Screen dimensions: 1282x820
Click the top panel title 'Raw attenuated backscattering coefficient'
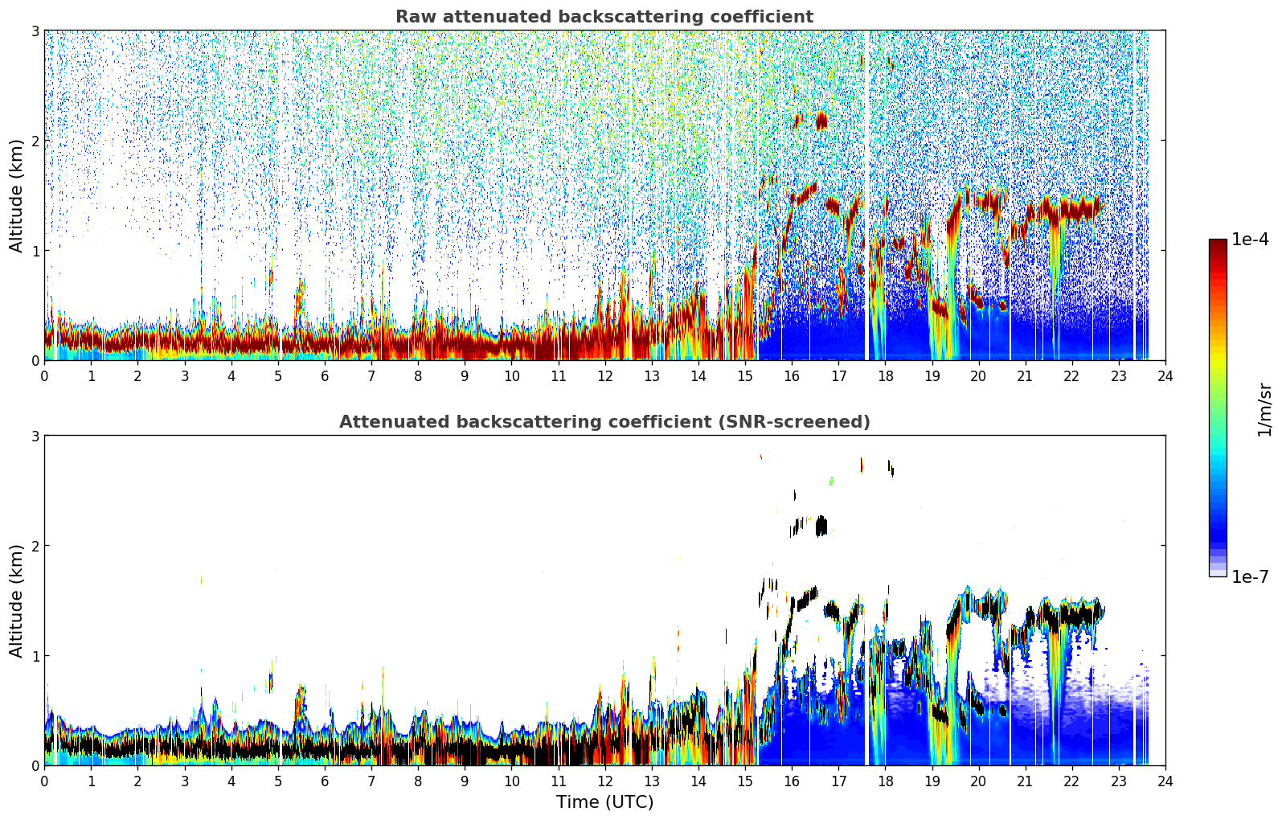tap(604, 17)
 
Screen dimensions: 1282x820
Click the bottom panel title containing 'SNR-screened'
tap(604, 422)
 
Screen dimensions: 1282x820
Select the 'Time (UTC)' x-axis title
tap(604, 802)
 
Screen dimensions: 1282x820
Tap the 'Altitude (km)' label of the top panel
tap(16, 195)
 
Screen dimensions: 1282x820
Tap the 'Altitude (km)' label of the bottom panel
tap(16, 601)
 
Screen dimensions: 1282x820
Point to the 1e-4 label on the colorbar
tap(1250, 240)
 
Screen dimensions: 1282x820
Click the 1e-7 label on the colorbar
tap(1250, 576)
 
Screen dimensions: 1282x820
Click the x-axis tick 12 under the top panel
tap(605, 376)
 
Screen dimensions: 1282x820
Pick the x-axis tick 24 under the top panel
tap(1165, 376)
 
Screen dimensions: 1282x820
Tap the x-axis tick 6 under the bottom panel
tap(325, 781)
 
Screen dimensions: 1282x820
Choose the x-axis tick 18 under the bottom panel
tap(886, 781)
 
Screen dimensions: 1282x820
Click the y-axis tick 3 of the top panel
tap(35, 31)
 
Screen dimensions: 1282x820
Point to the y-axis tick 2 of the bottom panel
tap(35, 546)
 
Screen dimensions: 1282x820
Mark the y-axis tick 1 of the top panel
tap(35, 251)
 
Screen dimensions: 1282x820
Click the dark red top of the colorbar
tap(1218, 243)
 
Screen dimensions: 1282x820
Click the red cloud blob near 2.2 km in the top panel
tap(821, 121)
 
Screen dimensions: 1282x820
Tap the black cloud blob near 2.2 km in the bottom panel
tap(821, 527)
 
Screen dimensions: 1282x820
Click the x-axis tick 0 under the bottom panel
tap(45, 781)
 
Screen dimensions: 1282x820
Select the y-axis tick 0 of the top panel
tap(35, 361)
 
